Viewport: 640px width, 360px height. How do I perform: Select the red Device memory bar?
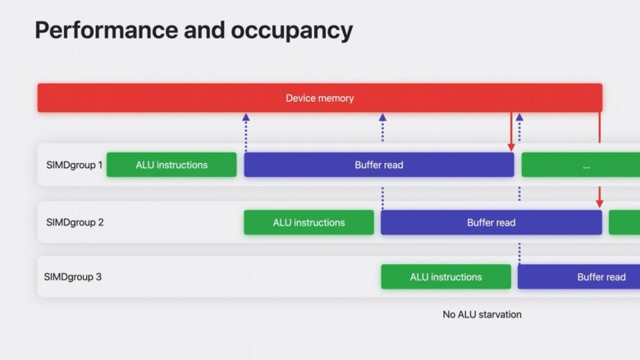[x=319, y=98]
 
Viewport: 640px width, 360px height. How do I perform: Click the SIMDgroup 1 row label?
[x=74, y=165]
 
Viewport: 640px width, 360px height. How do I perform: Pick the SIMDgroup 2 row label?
[x=74, y=222]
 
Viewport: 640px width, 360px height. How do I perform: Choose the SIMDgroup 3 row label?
[x=73, y=276]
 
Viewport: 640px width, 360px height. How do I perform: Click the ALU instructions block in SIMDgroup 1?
[x=171, y=165]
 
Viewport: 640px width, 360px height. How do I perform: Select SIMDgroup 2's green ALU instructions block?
[x=309, y=222]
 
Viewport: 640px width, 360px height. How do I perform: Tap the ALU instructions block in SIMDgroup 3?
[x=446, y=276]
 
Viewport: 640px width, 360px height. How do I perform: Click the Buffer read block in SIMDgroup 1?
[x=378, y=165]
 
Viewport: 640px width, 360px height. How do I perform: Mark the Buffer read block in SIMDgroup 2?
[x=491, y=222]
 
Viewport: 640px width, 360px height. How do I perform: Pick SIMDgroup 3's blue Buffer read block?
[x=578, y=276]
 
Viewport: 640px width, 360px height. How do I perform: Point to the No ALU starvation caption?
[x=482, y=314]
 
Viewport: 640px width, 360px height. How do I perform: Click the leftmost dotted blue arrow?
[x=245, y=131]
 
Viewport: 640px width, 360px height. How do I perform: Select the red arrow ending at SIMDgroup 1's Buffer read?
[x=511, y=131]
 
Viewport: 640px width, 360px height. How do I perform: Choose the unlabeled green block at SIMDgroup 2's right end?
[x=624, y=222]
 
